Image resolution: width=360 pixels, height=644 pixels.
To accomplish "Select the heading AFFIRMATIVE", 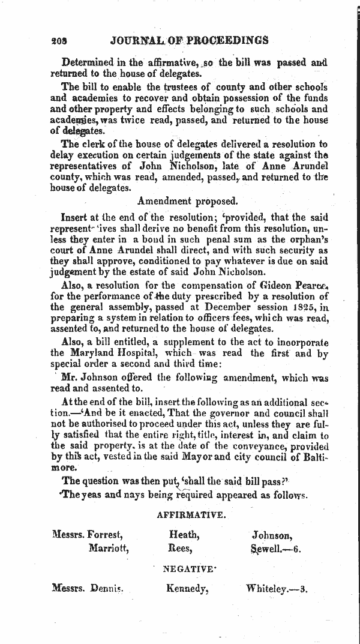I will tap(191, 514).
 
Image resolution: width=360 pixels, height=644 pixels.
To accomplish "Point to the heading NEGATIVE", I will tap(188, 568).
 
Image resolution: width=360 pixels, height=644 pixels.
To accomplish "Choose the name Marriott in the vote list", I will tap(108, 548).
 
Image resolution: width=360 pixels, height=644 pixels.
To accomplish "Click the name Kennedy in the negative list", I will tap(187, 589).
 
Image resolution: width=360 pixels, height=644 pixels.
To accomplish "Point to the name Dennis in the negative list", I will tap(106, 589).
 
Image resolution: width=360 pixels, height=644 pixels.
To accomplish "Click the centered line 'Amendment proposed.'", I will tap(188, 201).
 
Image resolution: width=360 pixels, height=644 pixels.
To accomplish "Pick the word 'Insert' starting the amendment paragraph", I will tap(75, 217).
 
